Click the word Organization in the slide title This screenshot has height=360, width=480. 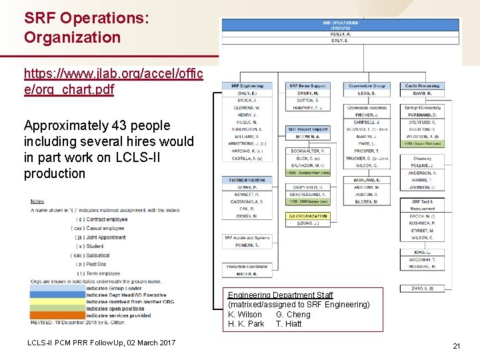tap(72, 37)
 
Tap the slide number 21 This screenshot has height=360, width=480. tap(457, 346)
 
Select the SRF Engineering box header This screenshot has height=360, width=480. tap(247, 86)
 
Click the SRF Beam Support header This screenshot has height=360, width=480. tap(308, 86)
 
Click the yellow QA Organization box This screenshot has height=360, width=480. tap(308, 216)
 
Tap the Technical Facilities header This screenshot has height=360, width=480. tap(247, 180)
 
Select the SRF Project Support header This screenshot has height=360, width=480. tap(308, 129)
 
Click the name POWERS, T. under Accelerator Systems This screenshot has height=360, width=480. tap(245, 245)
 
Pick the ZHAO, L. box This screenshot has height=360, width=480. tap(421, 289)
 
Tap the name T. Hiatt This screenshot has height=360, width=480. tap(289, 323)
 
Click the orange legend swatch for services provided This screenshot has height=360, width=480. tap(57, 315)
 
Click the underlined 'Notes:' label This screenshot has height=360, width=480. tap(38, 201)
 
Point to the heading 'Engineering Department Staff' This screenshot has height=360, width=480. tap(281, 295)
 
